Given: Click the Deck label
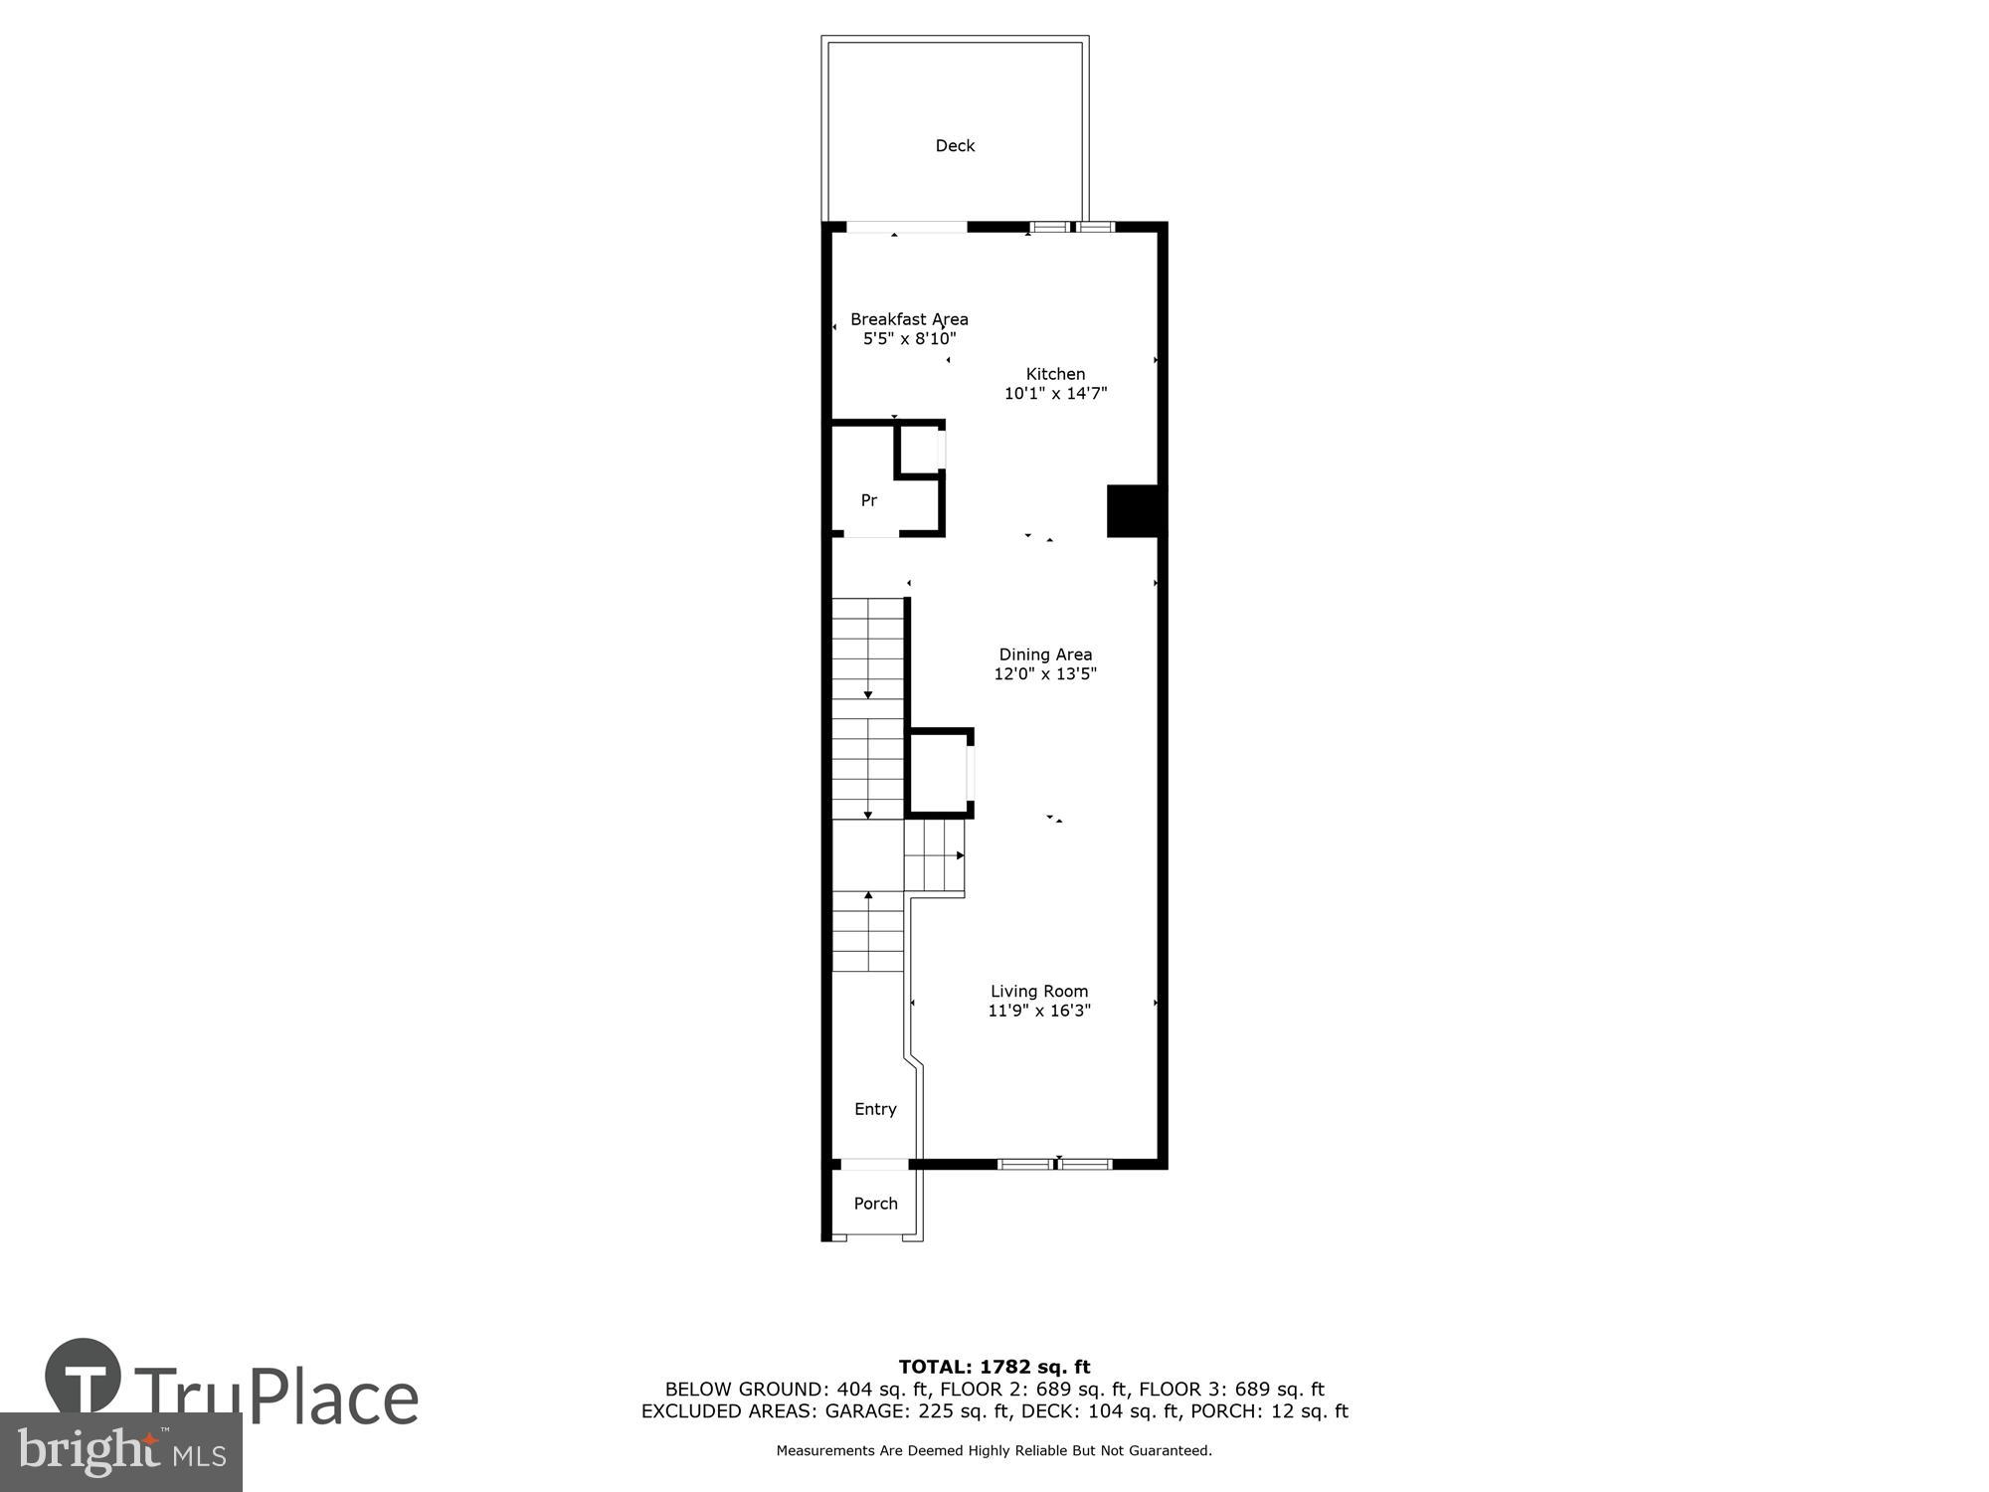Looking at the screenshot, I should [x=955, y=146].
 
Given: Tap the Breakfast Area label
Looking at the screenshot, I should [x=909, y=319].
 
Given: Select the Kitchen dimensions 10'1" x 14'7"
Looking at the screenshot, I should [x=1055, y=393].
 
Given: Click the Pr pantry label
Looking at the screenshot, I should [x=869, y=500].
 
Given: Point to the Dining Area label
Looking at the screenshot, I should [x=1045, y=654].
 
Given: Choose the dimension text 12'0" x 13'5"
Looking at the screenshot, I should [x=1045, y=673].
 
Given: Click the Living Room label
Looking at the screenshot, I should [x=1039, y=991].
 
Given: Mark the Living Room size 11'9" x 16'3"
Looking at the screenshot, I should [x=1039, y=1011].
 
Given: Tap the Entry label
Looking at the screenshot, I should [x=875, y=1109].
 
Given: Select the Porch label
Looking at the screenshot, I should [x=875, y=1204].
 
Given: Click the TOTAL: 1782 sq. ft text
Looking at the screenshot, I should [x=994, y=1367].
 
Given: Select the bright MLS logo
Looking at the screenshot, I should [x=120, y=1452].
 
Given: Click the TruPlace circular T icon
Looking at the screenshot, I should [x=84, y=1377].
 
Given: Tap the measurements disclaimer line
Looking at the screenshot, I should [x=994, y=1450].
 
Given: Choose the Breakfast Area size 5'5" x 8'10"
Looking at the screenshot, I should [x=909, y=338].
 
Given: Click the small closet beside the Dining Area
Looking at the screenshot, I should [x=938, y=773].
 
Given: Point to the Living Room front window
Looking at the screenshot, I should [x=1054, y=1164].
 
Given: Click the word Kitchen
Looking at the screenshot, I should [x=1055, y=374].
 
